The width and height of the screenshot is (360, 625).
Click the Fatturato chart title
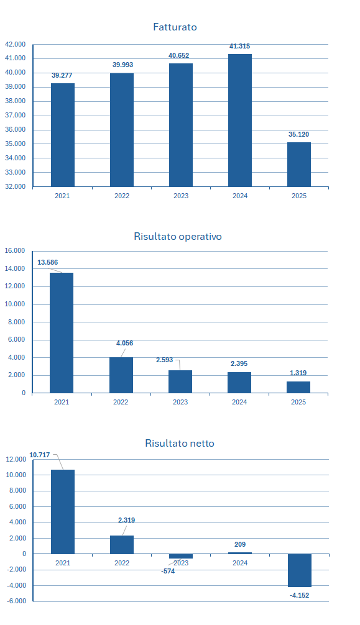tap(175, 27)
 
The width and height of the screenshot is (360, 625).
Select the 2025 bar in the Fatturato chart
tap(299, 165)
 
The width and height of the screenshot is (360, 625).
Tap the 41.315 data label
tap(239, 46)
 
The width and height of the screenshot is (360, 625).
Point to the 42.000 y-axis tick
tap(15, 45)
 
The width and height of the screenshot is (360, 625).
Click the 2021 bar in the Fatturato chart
tap(63, 135)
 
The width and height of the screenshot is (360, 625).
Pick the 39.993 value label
tap(123, 65)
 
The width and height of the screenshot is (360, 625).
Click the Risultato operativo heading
tap(178, 236)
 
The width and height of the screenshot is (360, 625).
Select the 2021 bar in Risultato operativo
tap(62, 333)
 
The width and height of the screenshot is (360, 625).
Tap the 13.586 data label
tap(47, 262)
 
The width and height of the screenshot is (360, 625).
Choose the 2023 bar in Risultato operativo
tap(180, 382)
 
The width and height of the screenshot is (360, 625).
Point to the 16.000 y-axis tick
tap(15, 251)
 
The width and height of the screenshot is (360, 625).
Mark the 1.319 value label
tap(298, 373)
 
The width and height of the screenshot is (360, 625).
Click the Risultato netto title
tap(180, 443)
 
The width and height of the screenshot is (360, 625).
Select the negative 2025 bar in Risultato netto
tap(299, 570)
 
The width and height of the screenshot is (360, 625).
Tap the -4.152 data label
tap(299, 596)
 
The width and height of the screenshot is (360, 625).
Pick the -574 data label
tap(168, 571)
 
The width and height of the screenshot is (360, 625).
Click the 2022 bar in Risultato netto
tap(122, 545)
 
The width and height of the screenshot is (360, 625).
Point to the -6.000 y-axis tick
tap(16, 601)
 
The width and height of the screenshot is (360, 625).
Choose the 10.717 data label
tap(40, 455)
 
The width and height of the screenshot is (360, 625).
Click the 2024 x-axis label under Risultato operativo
tap(239, 402)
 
